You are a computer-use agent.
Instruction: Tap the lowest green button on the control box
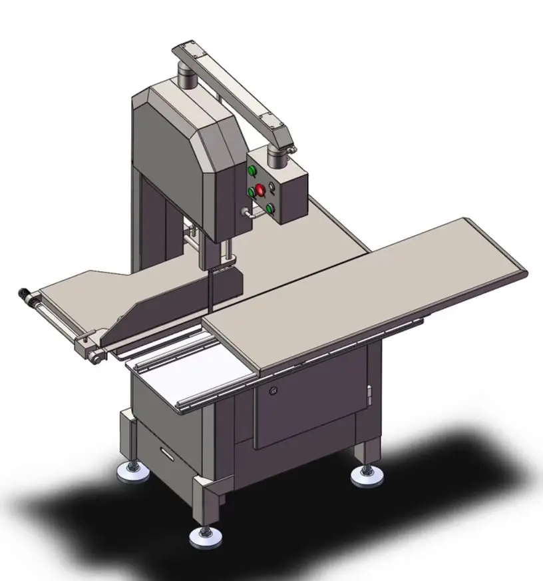[270, 209]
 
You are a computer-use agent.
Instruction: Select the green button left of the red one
[252, 192]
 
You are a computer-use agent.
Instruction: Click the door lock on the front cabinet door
[271, 392]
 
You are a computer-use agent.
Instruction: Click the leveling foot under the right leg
[366, 474]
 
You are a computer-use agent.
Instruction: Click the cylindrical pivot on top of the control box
[277, 156]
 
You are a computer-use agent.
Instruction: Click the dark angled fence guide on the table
[166, 306]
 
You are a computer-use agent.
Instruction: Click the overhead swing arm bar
[233, 93]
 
